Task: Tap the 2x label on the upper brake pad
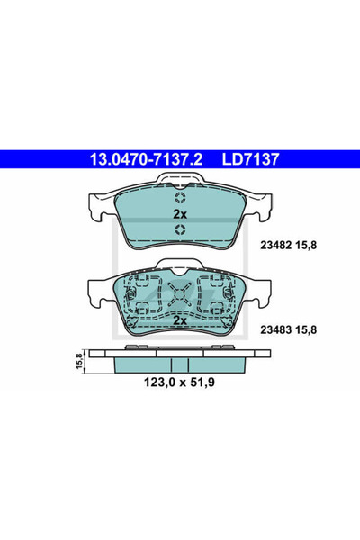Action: [x=179, y=214]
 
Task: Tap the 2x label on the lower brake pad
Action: [x=179, y=319]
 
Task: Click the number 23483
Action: [x=275, y=330]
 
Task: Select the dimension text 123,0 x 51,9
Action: [x=180, y=383]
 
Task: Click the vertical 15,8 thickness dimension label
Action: [x=79, y=360]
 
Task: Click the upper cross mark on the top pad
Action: [x=179, y=199]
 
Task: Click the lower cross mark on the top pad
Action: [x=179, y=230]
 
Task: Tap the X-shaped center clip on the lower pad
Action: [x=179, y=292]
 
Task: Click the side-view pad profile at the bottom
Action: [x=179, y=363]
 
